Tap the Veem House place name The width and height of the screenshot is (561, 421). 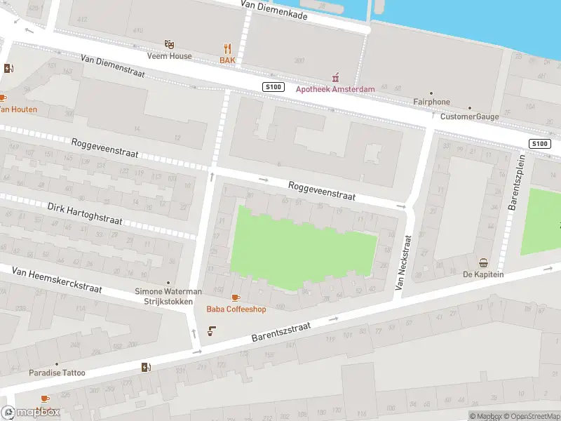[168, 56]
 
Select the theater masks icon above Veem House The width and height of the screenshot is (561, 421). [168, 44]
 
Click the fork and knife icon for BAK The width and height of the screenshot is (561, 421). [227, 48]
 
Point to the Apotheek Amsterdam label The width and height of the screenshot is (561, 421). [335, 89]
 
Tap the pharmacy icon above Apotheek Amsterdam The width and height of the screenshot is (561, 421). [335, 76]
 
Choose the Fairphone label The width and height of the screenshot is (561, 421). [431, 102]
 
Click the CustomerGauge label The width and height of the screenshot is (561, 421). [468, 116]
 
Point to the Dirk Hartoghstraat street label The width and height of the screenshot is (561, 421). [84, 214]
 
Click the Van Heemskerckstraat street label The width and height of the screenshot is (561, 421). [57, 279]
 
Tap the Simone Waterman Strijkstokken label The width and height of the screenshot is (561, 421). [168, 296]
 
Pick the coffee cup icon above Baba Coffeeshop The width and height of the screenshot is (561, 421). [235, 298]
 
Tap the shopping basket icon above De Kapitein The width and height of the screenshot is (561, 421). [484, 263]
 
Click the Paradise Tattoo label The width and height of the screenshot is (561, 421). [57, 373]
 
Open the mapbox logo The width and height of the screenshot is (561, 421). [31, 413]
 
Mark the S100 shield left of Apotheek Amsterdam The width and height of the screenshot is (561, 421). [273, 86]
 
